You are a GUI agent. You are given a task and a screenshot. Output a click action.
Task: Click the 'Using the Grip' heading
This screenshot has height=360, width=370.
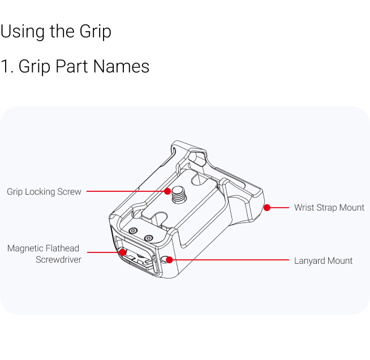coord(55,32)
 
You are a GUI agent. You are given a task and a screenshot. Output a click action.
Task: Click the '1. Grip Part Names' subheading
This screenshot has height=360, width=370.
coord(75,66)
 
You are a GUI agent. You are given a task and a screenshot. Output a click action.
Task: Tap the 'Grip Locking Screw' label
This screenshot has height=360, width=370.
coord(44,192)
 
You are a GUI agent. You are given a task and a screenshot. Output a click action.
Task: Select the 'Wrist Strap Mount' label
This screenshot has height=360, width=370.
coord(329,208)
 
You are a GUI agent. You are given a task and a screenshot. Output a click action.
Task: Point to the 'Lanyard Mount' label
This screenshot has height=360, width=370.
coord(323,260)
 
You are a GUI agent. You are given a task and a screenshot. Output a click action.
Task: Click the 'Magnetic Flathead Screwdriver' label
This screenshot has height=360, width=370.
coord(44,254)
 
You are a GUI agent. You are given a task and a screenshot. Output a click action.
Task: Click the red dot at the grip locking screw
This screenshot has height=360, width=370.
coord(167,191)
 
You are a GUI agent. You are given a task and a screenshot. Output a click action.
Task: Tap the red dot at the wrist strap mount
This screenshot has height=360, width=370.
coord(267,208)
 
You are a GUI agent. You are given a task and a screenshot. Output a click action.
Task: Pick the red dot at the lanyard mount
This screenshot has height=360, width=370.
coord(169,260)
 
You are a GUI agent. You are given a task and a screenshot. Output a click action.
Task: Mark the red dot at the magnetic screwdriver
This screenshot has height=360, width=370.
coord(122,252)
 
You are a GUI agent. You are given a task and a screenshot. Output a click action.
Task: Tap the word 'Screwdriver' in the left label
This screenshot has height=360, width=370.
coord(58,259)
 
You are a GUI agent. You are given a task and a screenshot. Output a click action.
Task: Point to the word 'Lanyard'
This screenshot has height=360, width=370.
coord(309,261)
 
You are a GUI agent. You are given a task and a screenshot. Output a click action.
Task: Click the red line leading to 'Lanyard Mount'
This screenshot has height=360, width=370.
coord(229,260)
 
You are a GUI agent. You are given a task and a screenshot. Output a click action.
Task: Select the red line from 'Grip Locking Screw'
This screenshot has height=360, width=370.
coord(127,191)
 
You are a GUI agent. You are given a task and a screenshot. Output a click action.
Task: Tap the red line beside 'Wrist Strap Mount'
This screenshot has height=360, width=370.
coord(278,208)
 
